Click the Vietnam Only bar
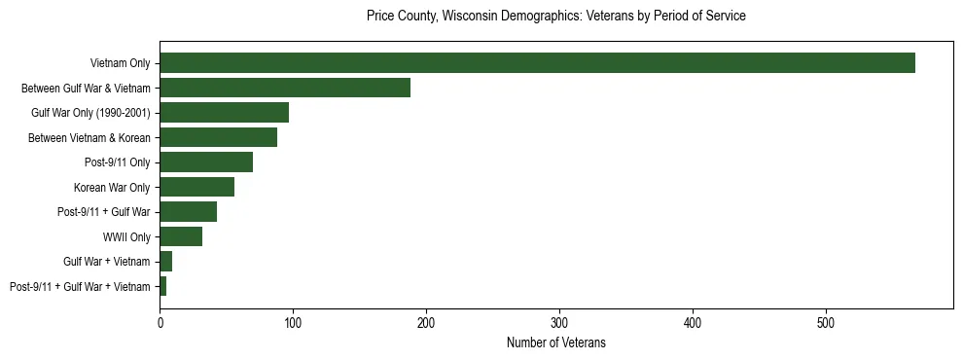point(537,63)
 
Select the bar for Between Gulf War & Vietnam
point(285,88)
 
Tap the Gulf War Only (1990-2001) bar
point(224,113)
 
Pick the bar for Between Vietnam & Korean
point(218,137)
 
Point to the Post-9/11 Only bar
point(206,162)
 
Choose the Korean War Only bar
point(196,187)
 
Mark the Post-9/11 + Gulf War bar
point(188,212)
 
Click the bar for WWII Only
point(181,236)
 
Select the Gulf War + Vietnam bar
point(166,262)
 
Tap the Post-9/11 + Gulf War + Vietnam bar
point(163,286)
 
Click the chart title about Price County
point(556,17)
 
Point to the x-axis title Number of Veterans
point(556,342)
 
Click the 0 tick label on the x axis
point(160,321)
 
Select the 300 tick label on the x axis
point(559,321)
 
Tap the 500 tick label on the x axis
point(826,321)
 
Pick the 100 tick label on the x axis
point(293,321)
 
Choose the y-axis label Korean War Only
point(112,188)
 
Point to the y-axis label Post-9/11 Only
point(119,162)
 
